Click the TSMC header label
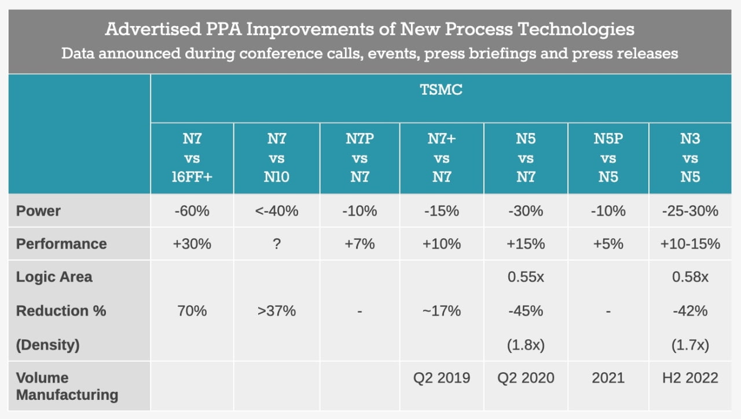(x=441, y=90)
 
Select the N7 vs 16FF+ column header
(x=192, y=158)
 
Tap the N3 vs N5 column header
(x=690, y=158)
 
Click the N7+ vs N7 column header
(x=442, y=158)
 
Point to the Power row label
(x=38, y=210)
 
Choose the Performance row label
(x=61, y=243)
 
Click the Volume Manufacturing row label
(x=67, y=386)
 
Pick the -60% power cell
(x=192, y=211)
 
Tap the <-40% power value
(x=276, y=211)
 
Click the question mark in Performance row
(x=276, y=244)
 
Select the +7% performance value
(x=359, y=244)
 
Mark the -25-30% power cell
(x=690, y=211)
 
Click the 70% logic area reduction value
(x=192, y=311)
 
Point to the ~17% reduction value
(x=441, y=311)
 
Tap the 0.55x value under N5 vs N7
(x=525, y=277)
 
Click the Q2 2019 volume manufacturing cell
(x=441, y=378)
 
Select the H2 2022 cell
(x=690, y=378)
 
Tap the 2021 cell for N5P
(x=608, y=378)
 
